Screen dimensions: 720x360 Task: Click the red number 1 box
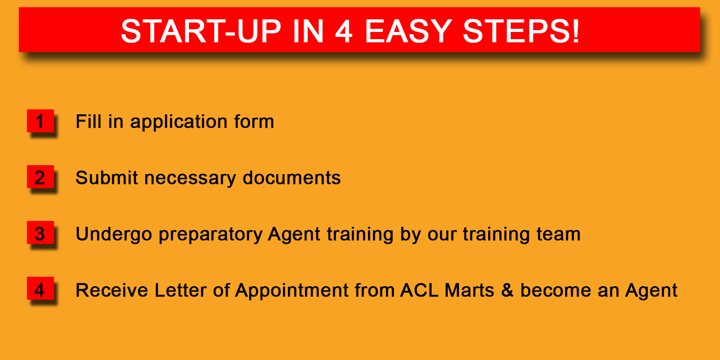click(40, 121)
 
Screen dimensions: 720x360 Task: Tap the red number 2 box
click(40, 176)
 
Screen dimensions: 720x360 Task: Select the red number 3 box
click(40, 232)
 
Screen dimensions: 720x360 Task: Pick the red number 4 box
click(40, 288)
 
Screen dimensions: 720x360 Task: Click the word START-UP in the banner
click(201, 31)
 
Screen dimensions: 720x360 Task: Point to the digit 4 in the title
click(344, 31)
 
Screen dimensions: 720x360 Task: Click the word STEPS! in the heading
click(521, 31)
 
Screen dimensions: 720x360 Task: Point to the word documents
click(292, 177)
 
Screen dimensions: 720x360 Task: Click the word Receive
click(112, 290)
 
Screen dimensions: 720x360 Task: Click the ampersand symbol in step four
click(507, 290)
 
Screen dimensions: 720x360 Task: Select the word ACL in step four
click(419, 290)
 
